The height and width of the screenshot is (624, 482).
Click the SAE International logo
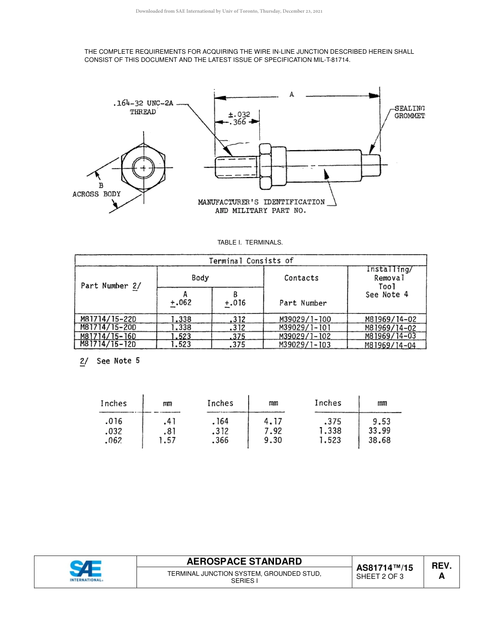(86, 571)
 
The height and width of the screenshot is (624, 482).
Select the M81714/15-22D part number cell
(108, 319)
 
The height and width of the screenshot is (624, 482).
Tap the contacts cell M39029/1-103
(305, 344)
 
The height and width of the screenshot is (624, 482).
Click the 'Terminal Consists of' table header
(251, 261)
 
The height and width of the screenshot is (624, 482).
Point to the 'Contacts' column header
(301, 278)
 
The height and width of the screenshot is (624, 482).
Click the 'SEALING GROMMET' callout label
(409, 112)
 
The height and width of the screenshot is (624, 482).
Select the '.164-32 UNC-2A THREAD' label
(143, 108)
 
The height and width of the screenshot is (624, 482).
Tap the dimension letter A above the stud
(292, 94)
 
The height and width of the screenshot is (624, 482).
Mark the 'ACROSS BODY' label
(96, 194)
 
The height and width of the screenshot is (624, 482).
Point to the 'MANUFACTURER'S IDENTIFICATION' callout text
(261, 202)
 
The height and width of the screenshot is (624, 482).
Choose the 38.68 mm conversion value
(379, 440)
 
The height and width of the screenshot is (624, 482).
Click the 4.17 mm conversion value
(272, 421)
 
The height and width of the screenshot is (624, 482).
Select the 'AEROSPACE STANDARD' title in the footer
(244, 561)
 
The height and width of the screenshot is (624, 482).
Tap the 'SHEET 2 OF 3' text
(380, 576)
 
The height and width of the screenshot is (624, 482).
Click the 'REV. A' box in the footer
(441, 571)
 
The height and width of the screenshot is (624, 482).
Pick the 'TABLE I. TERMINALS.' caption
(250, 242)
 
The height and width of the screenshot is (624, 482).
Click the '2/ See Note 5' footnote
(110, 361)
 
